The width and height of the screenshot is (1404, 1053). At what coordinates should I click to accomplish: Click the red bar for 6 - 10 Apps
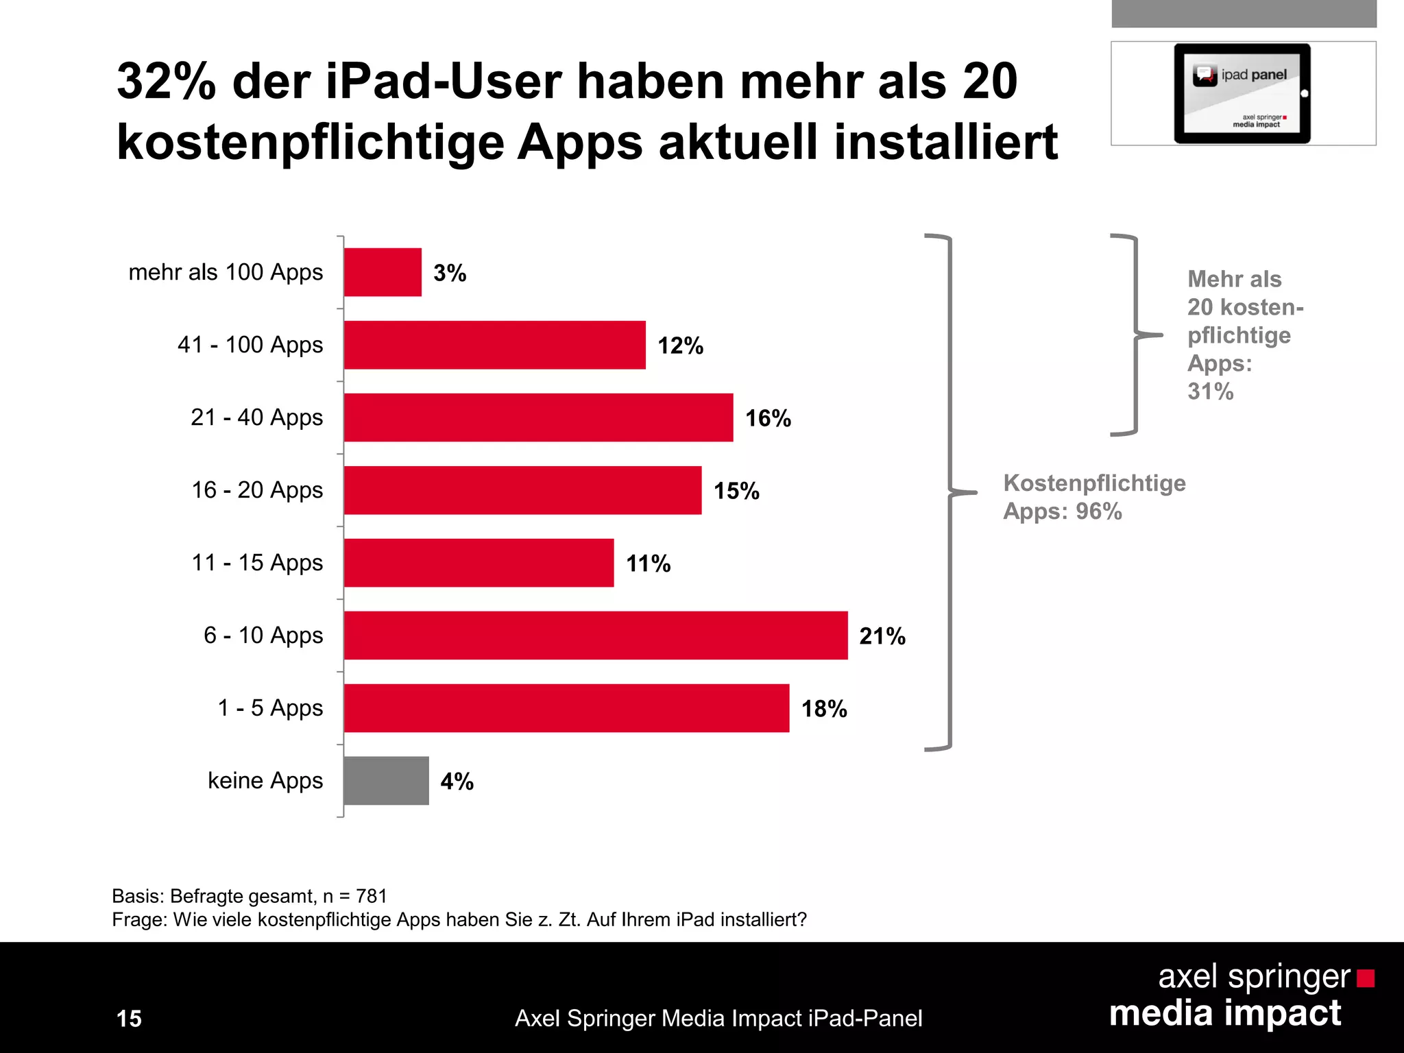[x=595, y=636]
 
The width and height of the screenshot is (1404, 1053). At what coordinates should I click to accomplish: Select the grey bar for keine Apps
[x=386, y=781]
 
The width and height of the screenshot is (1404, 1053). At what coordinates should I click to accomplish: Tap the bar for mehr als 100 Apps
[x=383, y=272]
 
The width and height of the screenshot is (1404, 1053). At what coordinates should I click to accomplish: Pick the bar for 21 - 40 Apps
[x=538, y=417]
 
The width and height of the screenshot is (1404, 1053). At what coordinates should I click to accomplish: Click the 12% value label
[x=680, y=346]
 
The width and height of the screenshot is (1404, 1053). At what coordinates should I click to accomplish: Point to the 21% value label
[x=882, y=636]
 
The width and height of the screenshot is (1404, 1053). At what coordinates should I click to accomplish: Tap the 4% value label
[x=457, y=782]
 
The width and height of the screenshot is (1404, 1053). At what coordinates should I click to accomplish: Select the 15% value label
[x=736, y=491]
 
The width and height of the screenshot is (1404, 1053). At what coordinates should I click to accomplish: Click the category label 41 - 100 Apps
[x=250, y=345]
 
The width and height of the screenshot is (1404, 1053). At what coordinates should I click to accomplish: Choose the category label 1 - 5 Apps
[x=270, y=708]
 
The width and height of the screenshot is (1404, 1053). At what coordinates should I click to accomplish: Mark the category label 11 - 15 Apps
[x=256, y=563]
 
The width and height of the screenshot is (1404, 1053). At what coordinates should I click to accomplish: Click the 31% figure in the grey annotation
[x=1210, y=391]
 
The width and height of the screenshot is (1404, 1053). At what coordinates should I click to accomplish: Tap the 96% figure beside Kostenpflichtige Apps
[x=1098, y=511]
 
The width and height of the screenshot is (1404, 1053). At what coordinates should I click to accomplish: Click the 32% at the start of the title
[x=166, y=82]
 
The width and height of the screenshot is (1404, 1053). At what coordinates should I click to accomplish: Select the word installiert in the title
[x=945, y=143]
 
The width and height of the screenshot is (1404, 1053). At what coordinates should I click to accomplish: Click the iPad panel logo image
[x=1242, y=93]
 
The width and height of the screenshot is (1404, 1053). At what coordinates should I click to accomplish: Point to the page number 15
[x=129, y=1019]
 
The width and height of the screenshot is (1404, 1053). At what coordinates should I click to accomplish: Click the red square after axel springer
[x=1365, y=978]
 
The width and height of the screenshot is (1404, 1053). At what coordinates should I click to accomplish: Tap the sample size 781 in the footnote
[x=372, y=896]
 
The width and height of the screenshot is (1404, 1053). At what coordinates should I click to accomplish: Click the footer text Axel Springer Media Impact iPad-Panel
[x=718, y=1019]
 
